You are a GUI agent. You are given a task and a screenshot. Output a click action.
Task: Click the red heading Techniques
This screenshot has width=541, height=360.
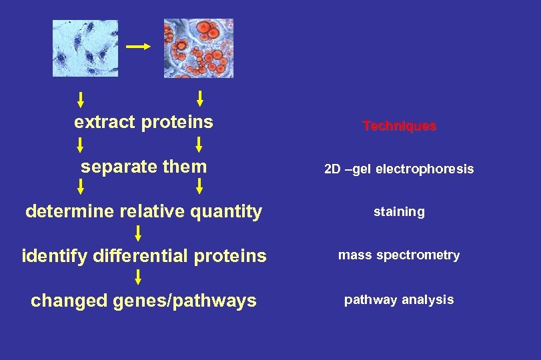coord(399,126)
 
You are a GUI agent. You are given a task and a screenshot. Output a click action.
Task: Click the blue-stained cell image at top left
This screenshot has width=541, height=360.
coord(85,48)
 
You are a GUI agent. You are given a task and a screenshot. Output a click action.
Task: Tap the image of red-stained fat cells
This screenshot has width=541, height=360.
coord(199,48)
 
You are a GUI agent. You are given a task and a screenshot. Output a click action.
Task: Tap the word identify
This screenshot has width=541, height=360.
coord(51,256)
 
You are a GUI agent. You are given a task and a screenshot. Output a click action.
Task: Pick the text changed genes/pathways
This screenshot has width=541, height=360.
coord(143,301)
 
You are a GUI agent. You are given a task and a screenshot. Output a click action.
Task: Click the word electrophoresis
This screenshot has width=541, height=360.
coord(424,169)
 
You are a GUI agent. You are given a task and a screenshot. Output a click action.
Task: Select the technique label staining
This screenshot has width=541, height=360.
coord(399,212)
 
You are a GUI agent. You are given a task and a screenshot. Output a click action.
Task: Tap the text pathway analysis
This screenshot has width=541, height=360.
coord(399,300)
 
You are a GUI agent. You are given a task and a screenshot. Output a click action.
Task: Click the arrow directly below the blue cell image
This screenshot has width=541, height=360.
coord(80,100)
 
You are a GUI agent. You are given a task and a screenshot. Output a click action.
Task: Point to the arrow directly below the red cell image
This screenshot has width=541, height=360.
coord(199,99)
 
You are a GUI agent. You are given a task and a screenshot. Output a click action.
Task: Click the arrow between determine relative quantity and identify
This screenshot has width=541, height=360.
coord(138,233)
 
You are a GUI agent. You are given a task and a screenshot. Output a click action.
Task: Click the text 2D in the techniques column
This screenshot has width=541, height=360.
coord(332,169)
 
